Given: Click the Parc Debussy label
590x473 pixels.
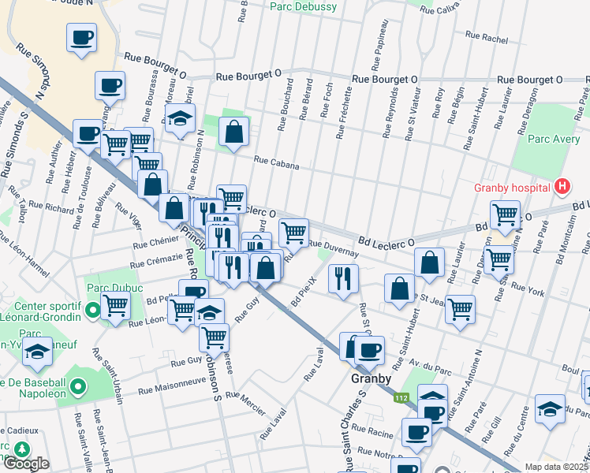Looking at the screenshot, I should tap(303, 7).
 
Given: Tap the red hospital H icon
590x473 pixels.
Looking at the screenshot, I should tap(562, 188).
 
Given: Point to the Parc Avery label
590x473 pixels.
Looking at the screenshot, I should tap(551, 140).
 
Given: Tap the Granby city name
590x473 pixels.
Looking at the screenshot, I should tap(371, 378).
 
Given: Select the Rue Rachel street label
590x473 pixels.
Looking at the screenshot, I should tap(486, 36).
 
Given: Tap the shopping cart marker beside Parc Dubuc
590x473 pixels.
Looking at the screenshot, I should tap(116, 304).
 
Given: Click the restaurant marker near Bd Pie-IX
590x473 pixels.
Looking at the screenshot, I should tap(343, 278).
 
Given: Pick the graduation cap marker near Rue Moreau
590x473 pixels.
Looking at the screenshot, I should tap(180, 120).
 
